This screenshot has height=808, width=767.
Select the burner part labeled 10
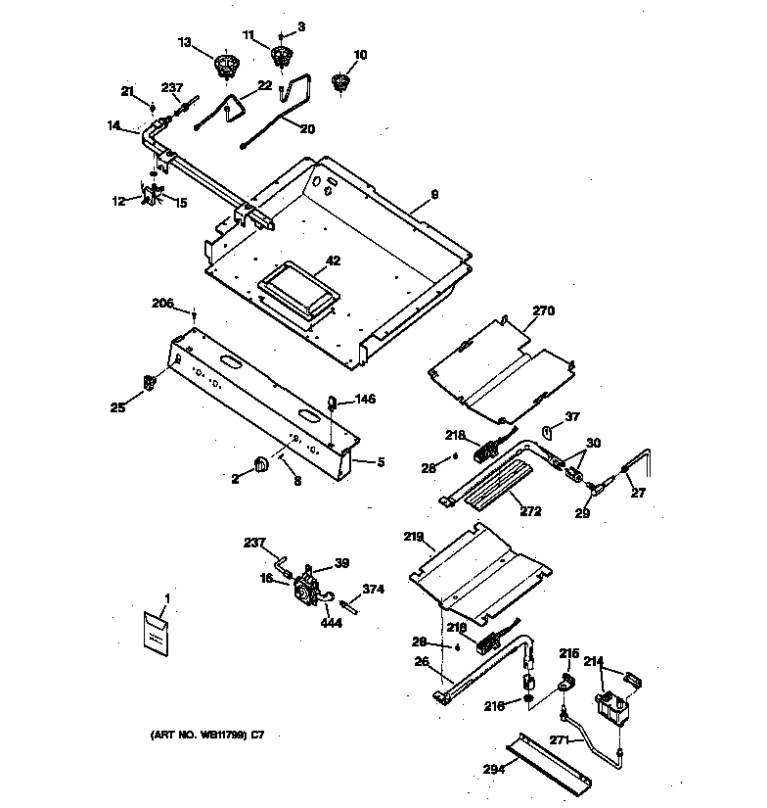[x=341, y=82]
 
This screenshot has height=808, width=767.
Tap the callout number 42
[x=333, y=261]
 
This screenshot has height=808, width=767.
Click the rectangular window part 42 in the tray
[x=296, y=290]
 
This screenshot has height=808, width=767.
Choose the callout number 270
[x=543, y=311]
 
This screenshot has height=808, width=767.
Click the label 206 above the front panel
[x=162, y=305]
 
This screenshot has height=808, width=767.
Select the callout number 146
[x=364, y=399]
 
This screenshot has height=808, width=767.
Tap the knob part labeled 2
[x=260, y=463]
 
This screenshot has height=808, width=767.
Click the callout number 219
[x=414, y=537]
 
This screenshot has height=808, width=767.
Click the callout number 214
[x=593, y=661]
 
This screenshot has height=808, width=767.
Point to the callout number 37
[x=572, y=416]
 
